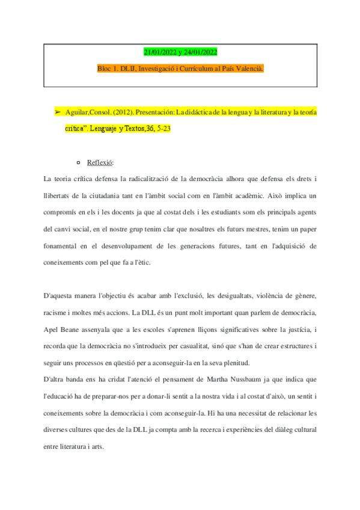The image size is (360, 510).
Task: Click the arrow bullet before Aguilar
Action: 58,112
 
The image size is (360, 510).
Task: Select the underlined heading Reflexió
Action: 99,162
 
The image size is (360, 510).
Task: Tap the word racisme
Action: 56,313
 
